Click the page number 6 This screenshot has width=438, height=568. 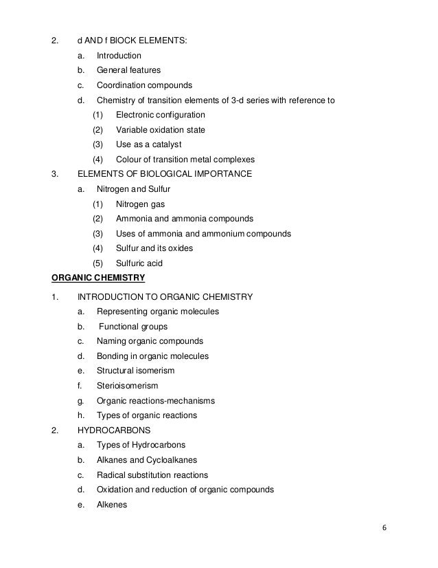[x=384, y=528]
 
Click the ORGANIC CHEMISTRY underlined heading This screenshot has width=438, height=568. [x=98, y=278]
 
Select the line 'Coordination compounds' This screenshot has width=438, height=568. [x=144, y=85]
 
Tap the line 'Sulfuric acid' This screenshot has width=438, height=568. [x=139, y=263]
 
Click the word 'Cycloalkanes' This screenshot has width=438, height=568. [x=172, y=460]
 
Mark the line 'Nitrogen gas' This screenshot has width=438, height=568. [x=140, y=204]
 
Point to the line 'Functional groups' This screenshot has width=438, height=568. [x=133, y=327]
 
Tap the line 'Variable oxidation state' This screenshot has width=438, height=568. [x=160, y=130]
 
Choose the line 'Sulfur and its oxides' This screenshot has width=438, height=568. [x=154, y=248]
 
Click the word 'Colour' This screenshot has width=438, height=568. [x=130, y=160]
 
